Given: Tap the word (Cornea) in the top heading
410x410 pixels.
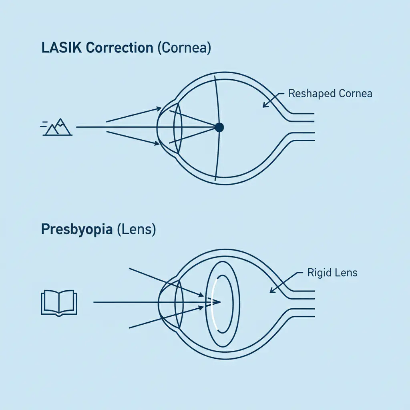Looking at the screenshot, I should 184,48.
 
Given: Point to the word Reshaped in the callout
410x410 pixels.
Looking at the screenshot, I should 312,94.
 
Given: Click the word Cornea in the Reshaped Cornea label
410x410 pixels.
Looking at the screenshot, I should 355,94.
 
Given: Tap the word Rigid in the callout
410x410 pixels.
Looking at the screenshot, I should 318,273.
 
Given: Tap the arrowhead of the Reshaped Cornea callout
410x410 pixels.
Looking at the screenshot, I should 264,106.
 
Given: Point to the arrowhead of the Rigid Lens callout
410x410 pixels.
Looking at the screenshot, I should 272,291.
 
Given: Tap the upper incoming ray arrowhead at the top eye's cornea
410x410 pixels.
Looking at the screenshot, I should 159,108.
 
